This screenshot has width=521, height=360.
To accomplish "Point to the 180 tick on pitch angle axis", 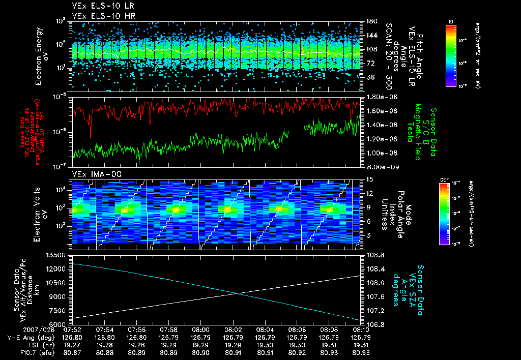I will click(x=370, y=21).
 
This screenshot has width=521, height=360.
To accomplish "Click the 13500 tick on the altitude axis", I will click(x=58, y=255).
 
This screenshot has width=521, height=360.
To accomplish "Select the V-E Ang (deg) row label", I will click(x=29, y=337).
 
